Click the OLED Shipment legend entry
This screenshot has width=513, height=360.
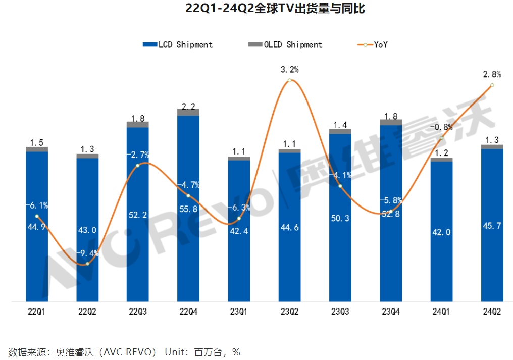[286, 45]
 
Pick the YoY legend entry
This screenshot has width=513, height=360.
[374, 45]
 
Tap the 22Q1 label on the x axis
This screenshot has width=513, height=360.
[36, 312]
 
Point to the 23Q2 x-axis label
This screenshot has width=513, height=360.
[289, 312]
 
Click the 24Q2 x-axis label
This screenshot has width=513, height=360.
[492, 312]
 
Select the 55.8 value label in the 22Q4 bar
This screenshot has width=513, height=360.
[188, 208]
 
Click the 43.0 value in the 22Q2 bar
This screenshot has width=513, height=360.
[87, 230]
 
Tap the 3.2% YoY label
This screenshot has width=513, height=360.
[290, 69]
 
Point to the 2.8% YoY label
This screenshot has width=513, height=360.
[492, 74]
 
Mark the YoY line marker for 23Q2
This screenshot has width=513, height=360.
[289, 80]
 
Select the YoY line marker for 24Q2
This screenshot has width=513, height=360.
[492, 85]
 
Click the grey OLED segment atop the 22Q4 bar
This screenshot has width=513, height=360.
[188, 112]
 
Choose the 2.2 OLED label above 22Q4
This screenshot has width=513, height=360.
[188, 106]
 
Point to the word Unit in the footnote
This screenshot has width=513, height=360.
[176, 352]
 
